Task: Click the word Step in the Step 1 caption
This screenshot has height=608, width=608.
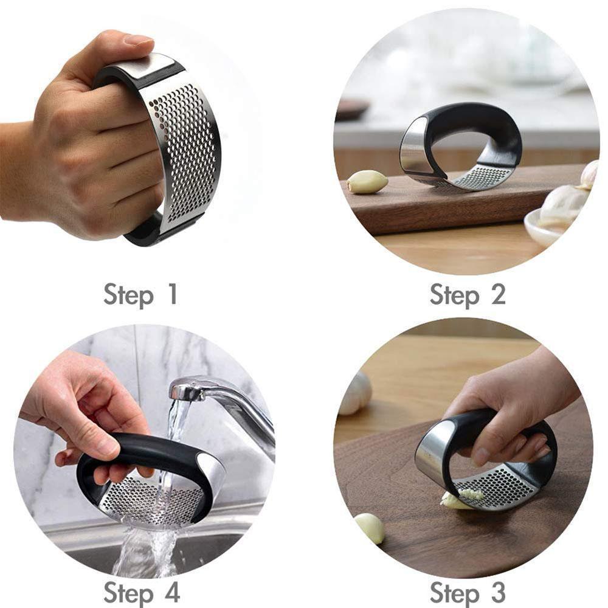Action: pos(129,295)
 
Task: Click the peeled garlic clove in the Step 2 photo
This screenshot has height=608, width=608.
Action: pos(367,181)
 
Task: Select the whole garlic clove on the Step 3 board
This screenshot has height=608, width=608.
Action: pos(370,528)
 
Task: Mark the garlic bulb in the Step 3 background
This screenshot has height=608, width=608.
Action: pos(356,393)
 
